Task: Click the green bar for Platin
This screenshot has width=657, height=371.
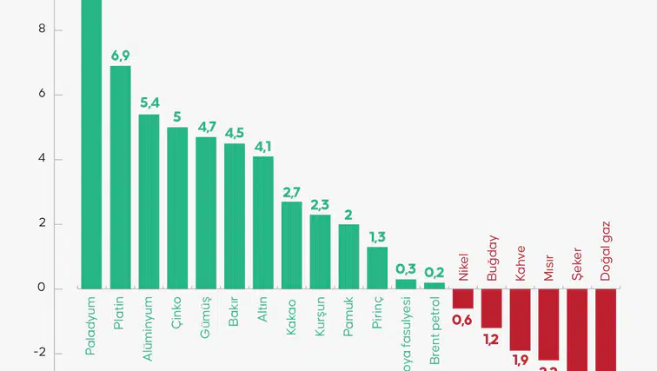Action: (120, 176)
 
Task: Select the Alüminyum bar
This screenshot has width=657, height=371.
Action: (149, 201)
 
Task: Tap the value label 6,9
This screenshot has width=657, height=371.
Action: (120, 56)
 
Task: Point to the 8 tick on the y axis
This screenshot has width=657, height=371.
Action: (31, 30)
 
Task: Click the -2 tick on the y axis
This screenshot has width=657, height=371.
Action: (29, 354)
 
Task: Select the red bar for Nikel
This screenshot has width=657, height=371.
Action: (463, 298)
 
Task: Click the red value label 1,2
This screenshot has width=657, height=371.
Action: (491, 339)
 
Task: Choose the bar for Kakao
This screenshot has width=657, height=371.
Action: (292, 245)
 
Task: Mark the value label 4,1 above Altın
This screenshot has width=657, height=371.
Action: (263, 146)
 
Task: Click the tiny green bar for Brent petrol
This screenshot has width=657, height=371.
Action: (435, 285)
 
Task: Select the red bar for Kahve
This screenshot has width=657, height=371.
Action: (520, 319)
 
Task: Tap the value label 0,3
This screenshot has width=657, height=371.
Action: (406, 268)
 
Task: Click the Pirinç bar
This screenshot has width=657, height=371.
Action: (377, 268)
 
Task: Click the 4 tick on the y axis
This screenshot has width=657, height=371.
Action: (31, 160)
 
